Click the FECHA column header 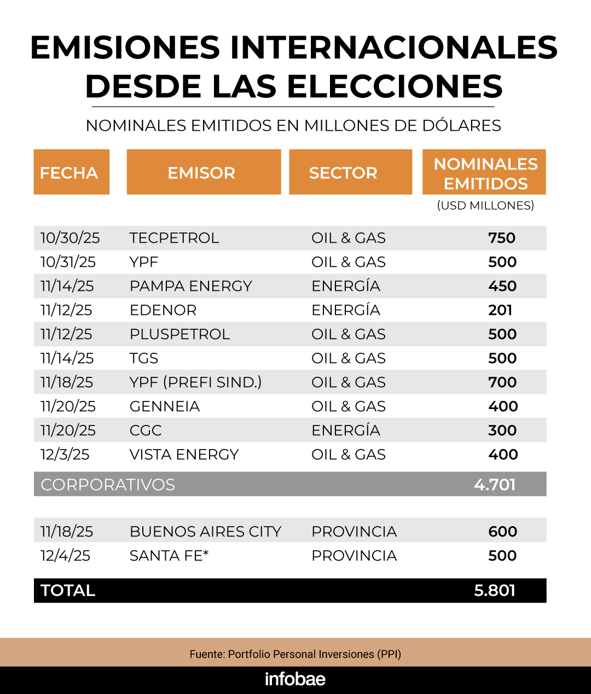69,173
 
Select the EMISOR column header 201,173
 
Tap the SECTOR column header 343,173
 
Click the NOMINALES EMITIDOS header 485,173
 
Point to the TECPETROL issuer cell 174,238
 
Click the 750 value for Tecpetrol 502,238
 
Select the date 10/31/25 68,262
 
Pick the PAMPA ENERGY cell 190,286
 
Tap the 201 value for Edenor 500,310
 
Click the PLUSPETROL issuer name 179,334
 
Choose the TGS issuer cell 144,358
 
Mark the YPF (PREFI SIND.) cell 195,382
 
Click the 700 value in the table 502,382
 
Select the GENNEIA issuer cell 165,406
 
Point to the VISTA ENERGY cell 184,454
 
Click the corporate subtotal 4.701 495,485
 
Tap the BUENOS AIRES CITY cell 205,532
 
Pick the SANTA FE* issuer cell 169,556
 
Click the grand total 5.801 495,591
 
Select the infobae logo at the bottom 295,679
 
